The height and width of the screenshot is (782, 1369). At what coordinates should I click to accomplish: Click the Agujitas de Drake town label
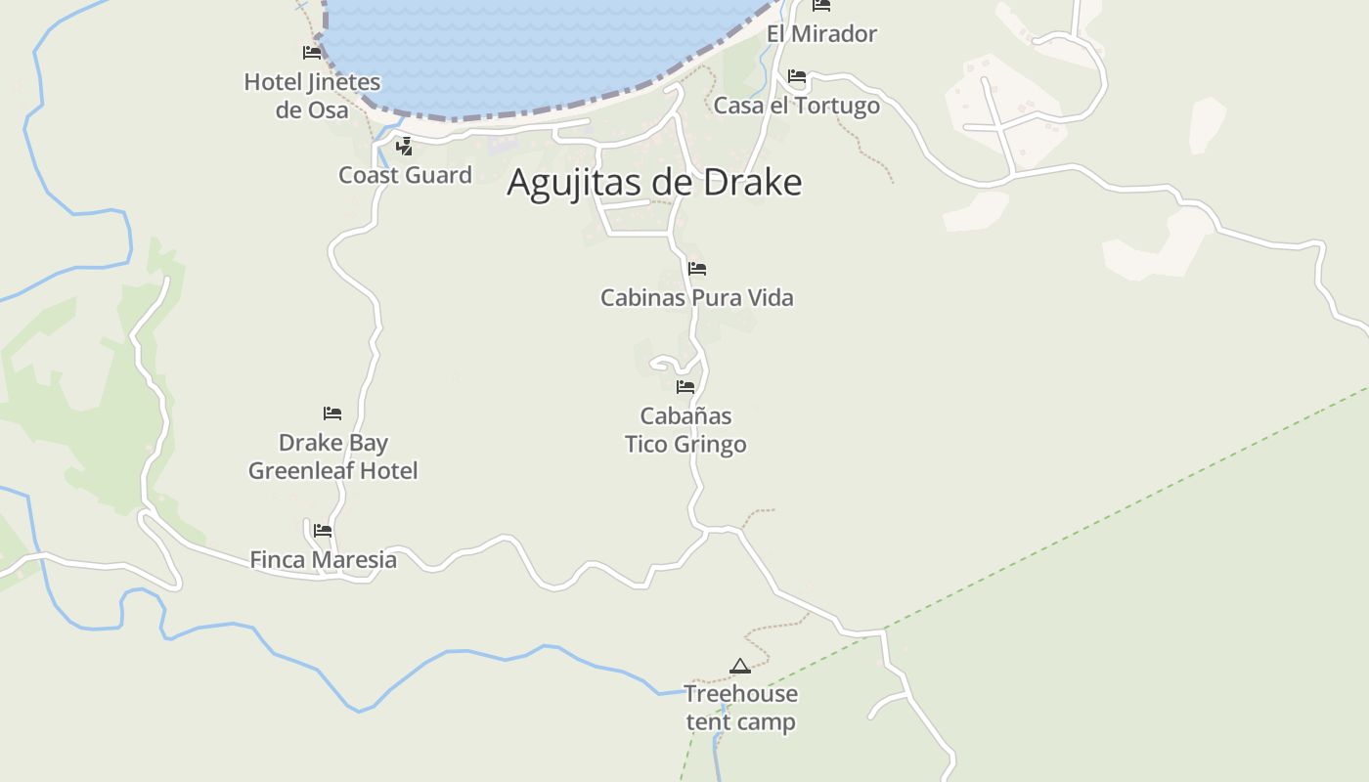point(654,183)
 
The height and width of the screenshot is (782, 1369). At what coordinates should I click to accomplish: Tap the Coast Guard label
point(405,175)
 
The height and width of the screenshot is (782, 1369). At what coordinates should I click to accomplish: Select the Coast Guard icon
point(403,147)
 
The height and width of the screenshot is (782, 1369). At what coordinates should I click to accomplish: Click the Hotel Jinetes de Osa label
point(312,96)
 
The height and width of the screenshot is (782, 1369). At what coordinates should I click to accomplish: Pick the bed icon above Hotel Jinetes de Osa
point(312,52)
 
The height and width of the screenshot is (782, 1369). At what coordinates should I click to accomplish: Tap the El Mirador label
point(821,34)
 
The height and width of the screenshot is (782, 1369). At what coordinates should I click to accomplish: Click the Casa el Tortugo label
point(796,106)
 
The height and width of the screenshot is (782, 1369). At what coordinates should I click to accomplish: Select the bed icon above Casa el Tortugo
point(797,76)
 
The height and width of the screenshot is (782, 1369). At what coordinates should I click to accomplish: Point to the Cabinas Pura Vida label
point(696,297)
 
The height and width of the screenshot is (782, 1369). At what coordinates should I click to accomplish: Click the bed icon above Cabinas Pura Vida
point(696,269)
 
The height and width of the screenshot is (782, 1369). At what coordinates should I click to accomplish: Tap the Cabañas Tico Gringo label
point(685,430)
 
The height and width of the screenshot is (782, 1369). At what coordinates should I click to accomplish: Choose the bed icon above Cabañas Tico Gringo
point(685,387)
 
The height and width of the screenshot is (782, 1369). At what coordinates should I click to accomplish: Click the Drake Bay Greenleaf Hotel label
point(333,456)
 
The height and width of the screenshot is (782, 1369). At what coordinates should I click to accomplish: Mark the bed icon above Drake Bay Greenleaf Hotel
point(332,413)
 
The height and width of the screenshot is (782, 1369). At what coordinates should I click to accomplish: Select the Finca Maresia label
point(324,560)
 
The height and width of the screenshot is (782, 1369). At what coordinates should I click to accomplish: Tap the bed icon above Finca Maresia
point(323,531)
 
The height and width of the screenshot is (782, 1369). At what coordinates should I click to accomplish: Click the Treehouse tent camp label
point(740,708)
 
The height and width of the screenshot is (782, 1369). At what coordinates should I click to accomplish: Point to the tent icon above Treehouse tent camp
point(740,667)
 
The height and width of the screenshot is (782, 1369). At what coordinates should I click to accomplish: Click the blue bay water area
point(528,49)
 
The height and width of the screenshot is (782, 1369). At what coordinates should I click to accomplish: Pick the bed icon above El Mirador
point(821,6)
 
